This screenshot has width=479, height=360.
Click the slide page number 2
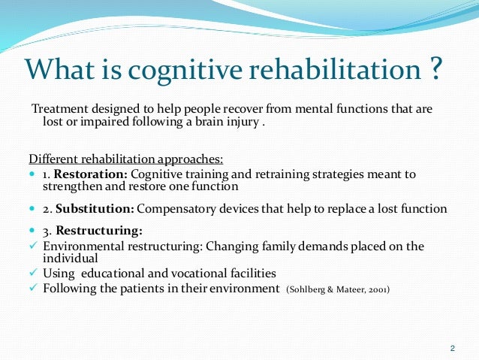[451, 347]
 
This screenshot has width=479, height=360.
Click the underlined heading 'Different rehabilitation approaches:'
[126, 159]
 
